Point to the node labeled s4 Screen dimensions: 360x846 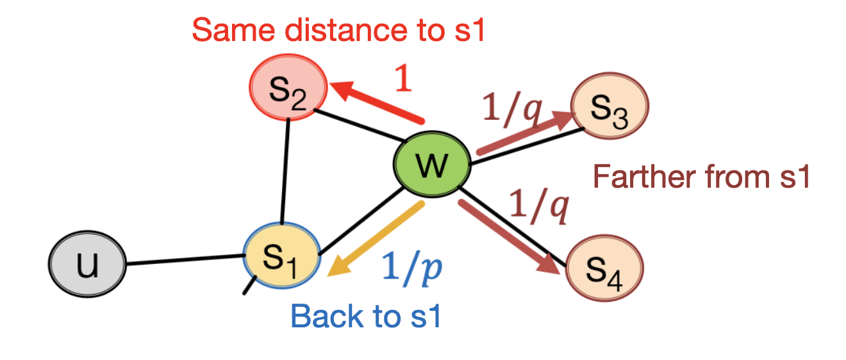604,268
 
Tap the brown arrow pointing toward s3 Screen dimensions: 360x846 526,134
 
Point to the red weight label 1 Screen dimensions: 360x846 403,79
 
